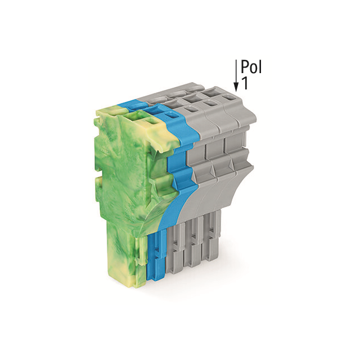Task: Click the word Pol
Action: (x=251, y=67)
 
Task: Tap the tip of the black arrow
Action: (x=236, y=91)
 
